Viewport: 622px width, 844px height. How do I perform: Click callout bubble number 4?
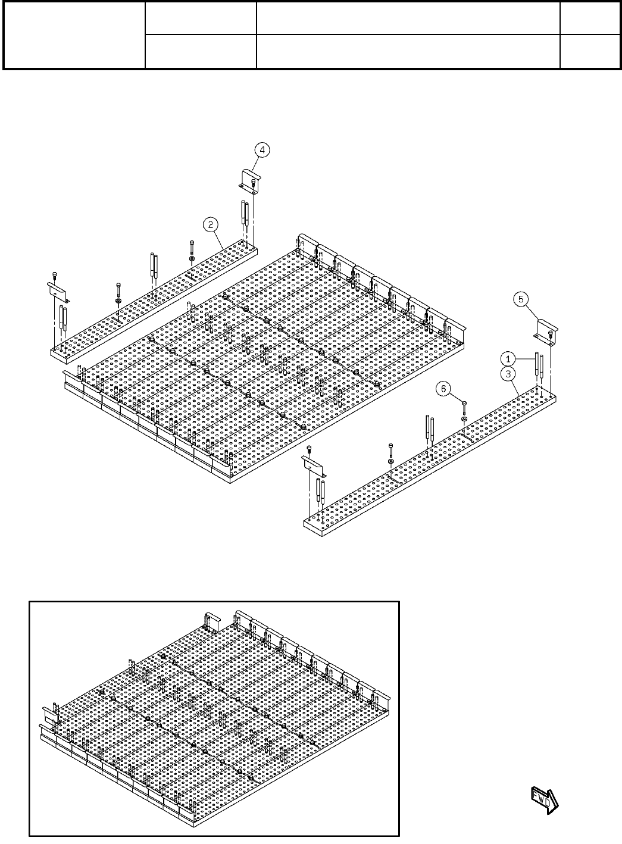(261, 151)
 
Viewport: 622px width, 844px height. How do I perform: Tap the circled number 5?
(521, 300)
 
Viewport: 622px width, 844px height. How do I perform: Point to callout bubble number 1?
(508, 358)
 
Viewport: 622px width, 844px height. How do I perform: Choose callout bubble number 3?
(508, 373)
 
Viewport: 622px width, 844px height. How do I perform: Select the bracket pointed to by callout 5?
(546, 330)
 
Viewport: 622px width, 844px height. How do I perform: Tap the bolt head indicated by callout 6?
(464, 405)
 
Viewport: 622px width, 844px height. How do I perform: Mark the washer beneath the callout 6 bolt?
(464, 420)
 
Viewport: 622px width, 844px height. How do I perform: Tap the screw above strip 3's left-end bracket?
(309, 449)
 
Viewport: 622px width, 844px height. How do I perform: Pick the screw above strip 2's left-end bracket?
(54, 274)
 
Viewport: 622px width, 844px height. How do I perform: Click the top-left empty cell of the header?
(75, 35)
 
